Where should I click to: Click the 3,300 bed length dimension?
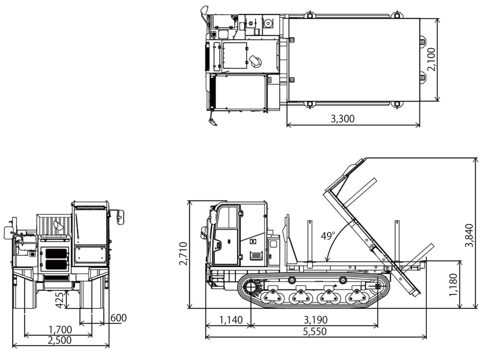342,119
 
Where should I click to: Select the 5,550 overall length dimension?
315,331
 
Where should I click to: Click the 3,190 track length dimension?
315,320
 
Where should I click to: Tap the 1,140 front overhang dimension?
231,320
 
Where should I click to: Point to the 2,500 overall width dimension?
60,340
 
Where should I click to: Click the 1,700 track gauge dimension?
60,330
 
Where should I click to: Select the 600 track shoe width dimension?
118,317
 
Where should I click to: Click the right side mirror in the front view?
120,217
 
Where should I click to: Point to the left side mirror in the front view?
8,232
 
